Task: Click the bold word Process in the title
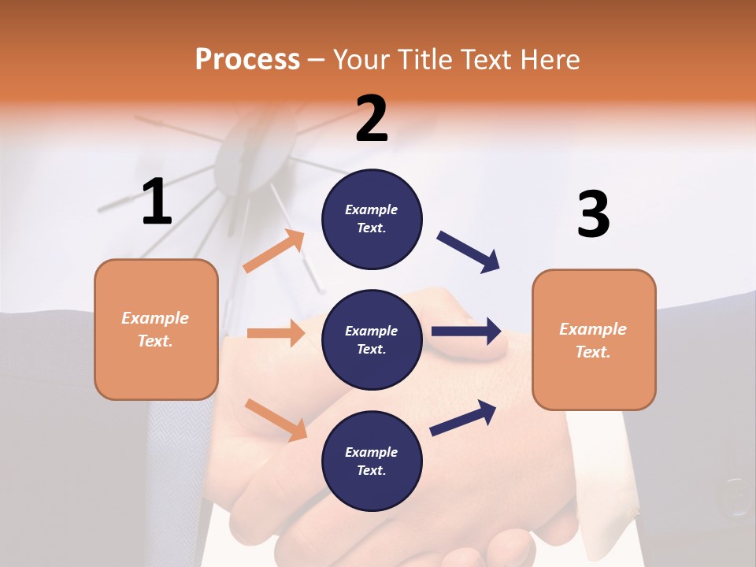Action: point(247,59)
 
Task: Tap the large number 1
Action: point(157,202)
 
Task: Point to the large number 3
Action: point(593,214)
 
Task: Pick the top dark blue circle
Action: point(372,219)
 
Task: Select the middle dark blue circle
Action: point(372,339)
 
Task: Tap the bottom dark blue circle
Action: point(372,461)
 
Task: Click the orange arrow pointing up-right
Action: point(274,251)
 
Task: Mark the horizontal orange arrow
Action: point(276,333)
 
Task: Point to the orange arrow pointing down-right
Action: point(276,419)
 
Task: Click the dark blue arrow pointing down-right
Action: point(469,252)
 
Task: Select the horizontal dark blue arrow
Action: point(466,331)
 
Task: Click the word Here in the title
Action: point(551,59)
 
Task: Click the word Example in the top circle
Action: point(372,209)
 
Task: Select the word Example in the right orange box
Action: point(593,329)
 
